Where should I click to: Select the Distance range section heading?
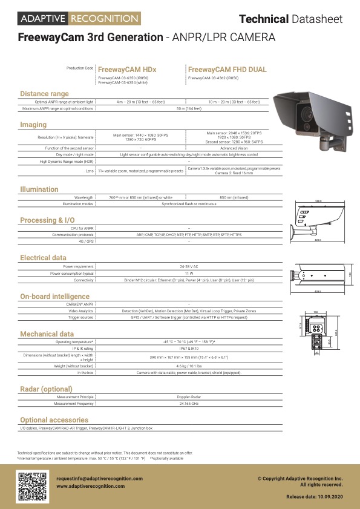pyautogui.click(x=44, y=94)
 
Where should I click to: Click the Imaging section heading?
pyautogui.click(x=33, y=125)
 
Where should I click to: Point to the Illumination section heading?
pyautogui.click(x=39, y=189)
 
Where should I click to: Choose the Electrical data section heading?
pyautogui.click(x=43, y=258)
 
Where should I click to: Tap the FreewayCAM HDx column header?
pyautogui.click(x=126, y=70)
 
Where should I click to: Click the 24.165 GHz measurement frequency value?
pyautogui.click(x=189, y=404)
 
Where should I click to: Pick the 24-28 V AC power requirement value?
pyautogui.click(x=189, y=266)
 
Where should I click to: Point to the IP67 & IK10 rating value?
pyautogui.click(x=189, y=349)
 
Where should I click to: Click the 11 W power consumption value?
pyautogui.click(x=189, y=273)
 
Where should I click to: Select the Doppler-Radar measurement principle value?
pyautogui.click(x=189, y=396)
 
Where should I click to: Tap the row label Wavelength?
pyautogui.click(x=83, y=197)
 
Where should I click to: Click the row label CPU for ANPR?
pyautogui.click(x=81, y=228)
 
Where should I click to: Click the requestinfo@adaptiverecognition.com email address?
pyautogui.click(x=99, y=479)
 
